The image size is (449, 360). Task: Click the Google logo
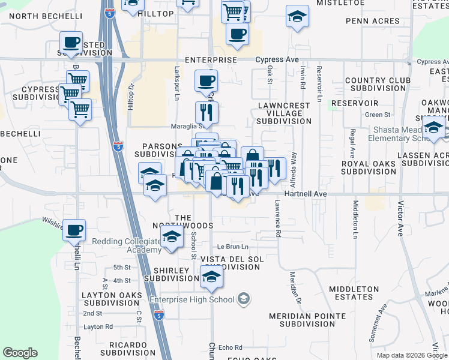pyautogui.click(x=20, y=353)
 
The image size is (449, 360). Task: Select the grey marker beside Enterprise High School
pyautogui.click(x=244, y=298)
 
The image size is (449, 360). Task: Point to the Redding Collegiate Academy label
pyautogui.click(x=126, y=245)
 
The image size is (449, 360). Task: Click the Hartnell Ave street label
pyautogui.click(x=306, y=194)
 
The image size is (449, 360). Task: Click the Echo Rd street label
pyautogui.click(x=230, y=347)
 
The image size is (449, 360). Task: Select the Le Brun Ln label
pyautogui.click(x=232, y=247)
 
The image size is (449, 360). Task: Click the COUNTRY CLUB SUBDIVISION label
pyautogui.click(x=376, y=84)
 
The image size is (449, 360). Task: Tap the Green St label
pyautogui.click(x=378, y=115)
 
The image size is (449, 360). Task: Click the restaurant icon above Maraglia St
pyautogui.click(x=206, y=111)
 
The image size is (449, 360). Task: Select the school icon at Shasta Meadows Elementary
pyautogui.click(x=433, y=127)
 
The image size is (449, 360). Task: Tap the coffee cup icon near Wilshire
pyautogui.click(x=74, y=230)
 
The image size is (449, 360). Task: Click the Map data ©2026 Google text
pyautogui.click(x=411, y=355)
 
